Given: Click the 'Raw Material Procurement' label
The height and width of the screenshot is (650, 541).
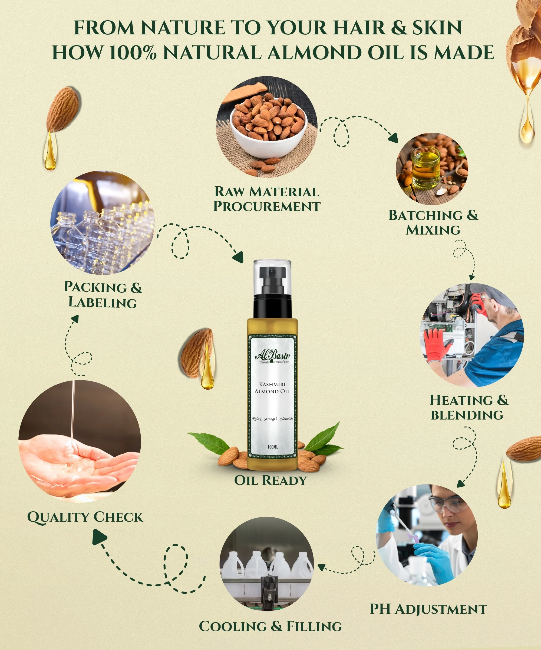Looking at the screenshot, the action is coord(266,199).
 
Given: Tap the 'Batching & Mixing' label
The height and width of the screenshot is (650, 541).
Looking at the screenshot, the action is coord(433,223).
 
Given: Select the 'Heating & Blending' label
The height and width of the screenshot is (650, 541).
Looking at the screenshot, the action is coord(469,407).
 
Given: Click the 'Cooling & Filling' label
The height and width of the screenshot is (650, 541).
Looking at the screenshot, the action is coord(270,626).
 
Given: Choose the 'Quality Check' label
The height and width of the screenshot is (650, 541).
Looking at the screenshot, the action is coord(85,517).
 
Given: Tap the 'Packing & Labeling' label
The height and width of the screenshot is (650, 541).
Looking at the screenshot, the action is coord(103,294).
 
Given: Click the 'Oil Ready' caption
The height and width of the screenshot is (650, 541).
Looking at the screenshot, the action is coord(270,480).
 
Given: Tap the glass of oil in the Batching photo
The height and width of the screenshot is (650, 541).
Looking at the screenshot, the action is coord(426,168).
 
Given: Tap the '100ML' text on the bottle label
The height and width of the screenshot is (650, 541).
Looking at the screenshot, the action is coord(272,447).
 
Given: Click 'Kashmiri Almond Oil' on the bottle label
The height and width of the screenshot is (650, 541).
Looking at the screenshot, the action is coord(272,388).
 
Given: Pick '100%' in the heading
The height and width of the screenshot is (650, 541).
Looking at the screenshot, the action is coord(133,52).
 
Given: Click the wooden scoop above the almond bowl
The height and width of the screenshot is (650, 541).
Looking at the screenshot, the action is coord(244,92).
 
